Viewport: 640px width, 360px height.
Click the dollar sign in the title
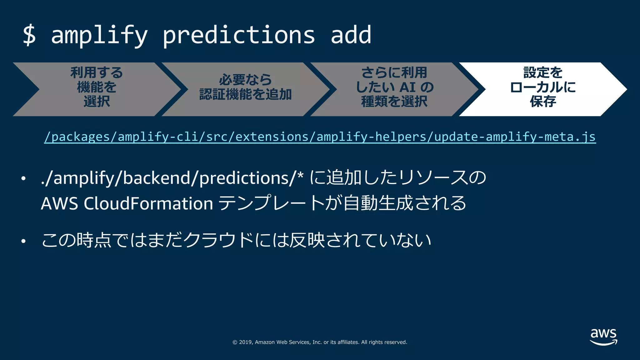tap(29, 35)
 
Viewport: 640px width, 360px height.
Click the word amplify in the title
tap(99, 35)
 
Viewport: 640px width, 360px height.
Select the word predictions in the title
tap(238, 35)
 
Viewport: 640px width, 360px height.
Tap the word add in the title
tap(351, 35)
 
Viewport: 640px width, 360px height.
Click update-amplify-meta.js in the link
tap(515, 137)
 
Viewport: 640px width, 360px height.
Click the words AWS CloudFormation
tap(127, 204)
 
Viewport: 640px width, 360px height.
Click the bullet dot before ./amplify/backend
tap(23, 179)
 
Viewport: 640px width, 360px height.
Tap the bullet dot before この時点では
tap(23, 241)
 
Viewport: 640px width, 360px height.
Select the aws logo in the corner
tap(603, 337)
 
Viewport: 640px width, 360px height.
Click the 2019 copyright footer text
tap(320, 342)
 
